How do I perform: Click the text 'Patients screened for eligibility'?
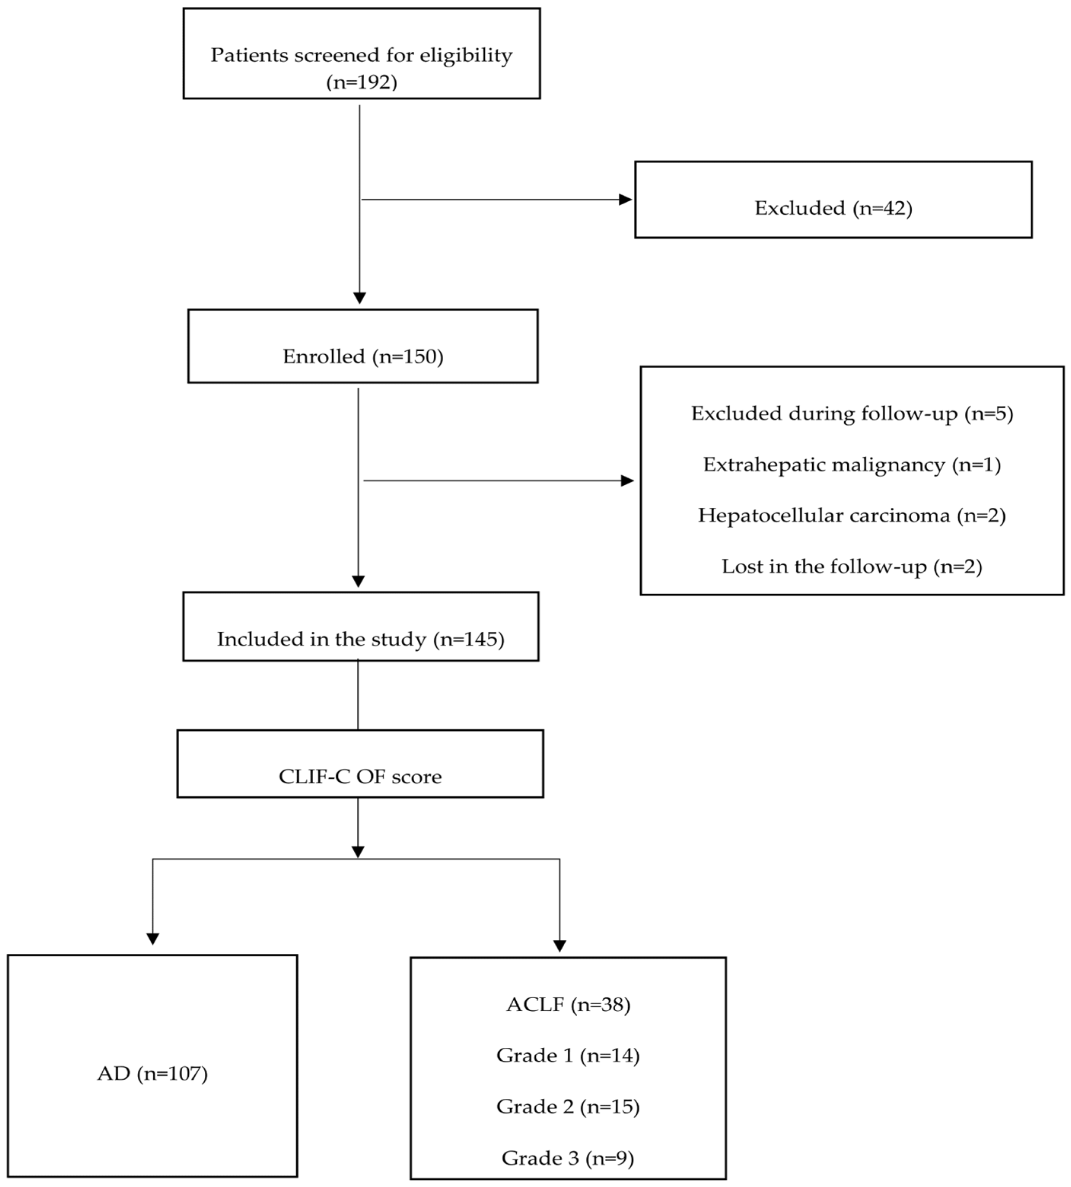pos(361,55)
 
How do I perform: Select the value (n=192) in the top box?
pos(361,82)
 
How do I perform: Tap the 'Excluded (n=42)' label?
pos(833,208)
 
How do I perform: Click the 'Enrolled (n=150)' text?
pos(363,356)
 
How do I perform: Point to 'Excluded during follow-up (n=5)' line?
pos(851,413)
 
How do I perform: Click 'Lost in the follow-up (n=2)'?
pos(851,566)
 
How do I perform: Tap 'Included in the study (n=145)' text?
pos(361,639)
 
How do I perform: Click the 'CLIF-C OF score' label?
pos(360,776)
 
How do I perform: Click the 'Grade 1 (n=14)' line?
pos(568,1055)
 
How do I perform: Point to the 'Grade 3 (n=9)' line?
pos(568,1158)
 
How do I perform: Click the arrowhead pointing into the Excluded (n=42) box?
pos(625,199)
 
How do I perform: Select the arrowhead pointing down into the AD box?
pos(153,938)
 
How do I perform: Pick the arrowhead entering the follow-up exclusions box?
pos(628,481)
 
